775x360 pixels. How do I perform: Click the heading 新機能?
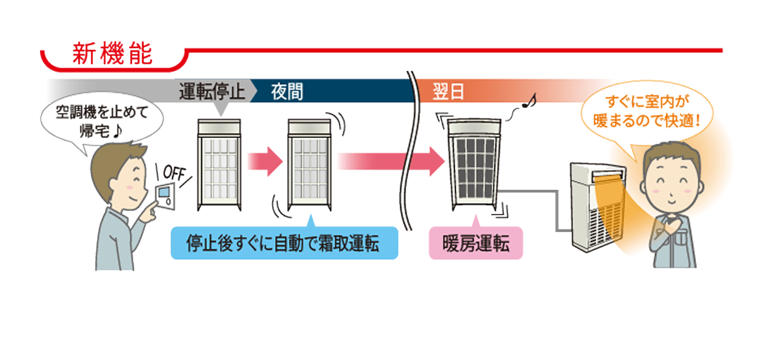112,55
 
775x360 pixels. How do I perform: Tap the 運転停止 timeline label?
212,92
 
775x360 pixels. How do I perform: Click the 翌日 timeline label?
448,92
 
